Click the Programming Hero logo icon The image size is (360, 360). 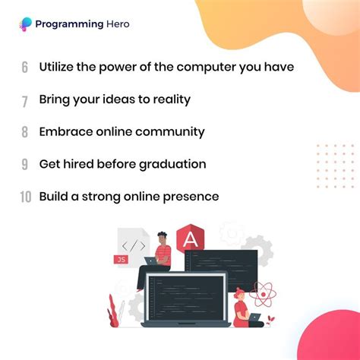tap(26, 24)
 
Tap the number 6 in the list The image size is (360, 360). tap(25, 67)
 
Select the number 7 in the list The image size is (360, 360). tap(25, 99)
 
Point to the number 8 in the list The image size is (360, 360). tap(25, 132)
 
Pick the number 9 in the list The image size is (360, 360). tap(25, 165)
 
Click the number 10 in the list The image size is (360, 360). tap(25, 197)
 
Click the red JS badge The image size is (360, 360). tap(121, 260)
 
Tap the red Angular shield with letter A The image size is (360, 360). tap(188, 241)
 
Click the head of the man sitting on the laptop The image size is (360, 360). tap(161, 238)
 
